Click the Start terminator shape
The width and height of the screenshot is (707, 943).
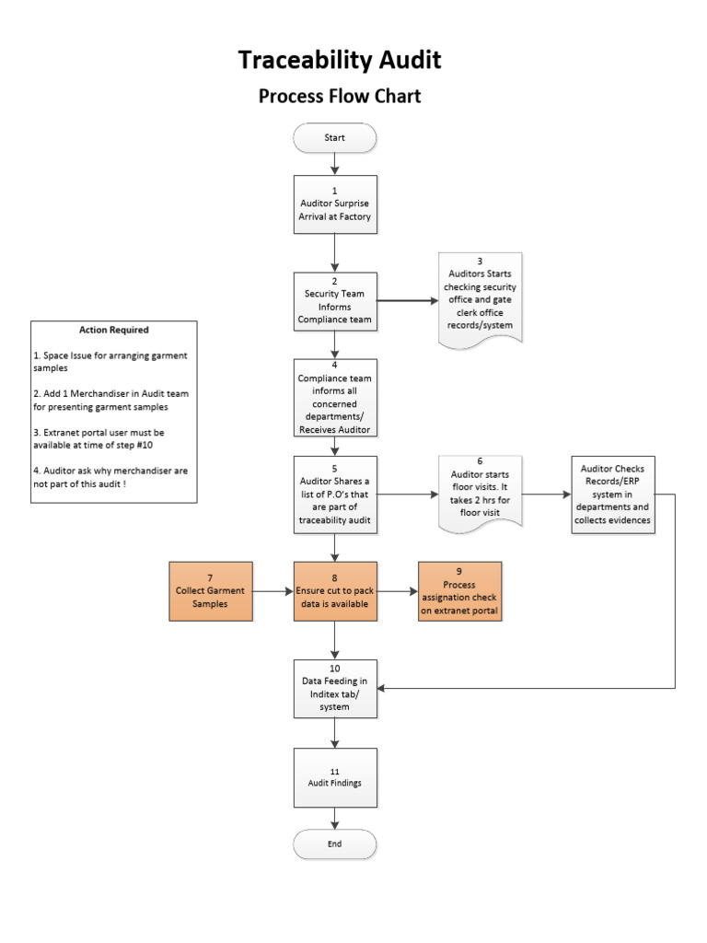click(x=334, y=138)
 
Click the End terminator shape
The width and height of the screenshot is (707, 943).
click(x=334, y=844)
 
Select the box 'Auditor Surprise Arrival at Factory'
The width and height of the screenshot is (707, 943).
click(x=335, y=204)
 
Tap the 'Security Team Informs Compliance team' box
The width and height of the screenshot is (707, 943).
click(x=335, y=301)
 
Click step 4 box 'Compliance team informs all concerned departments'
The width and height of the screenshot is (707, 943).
click(x=335, y=398)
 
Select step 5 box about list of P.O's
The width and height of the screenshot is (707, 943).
click(x=335, y=494)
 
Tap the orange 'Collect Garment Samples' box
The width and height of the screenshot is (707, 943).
click(x=211, y=590)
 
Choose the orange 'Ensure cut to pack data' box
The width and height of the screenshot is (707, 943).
click(x=335, y=590)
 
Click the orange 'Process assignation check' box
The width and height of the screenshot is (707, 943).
click(x=459, y=590)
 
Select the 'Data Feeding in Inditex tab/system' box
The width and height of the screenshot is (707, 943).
click(x=335, y=688)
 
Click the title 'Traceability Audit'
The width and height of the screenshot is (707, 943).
click(x=340, y=60)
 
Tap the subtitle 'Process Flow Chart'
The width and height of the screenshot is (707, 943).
click(x=340, y=96)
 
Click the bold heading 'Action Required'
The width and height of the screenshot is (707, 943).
click(x=114, y=330)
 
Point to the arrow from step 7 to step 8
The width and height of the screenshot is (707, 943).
click(x=273, y=591)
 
